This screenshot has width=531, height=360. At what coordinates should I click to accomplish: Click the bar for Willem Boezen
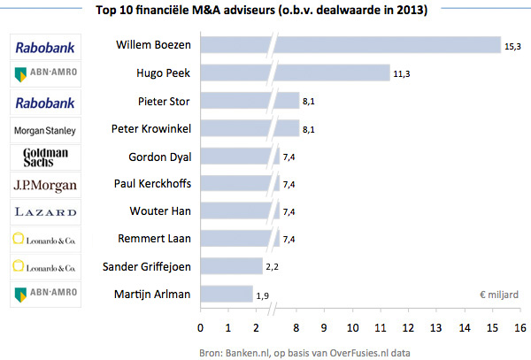pos(354,45)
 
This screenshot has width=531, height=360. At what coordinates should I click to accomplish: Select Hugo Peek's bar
pos(296,73)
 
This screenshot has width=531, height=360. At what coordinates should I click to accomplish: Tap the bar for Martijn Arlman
pos(227,294)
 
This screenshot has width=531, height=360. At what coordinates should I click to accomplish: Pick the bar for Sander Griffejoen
pos(232,266)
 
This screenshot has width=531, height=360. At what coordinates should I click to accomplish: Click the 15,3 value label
pos(513,45)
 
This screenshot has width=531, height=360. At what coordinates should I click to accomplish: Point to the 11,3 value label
pos(403,73)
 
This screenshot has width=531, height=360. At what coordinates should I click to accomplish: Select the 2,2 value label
pos(273,266)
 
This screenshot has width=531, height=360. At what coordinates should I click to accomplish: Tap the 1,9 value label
pos(263,294)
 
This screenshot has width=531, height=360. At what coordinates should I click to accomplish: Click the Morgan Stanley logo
pos(45,130)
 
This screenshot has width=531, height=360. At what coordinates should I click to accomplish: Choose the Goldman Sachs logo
pos(45,157)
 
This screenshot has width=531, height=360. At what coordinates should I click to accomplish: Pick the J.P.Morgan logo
pos(45,185)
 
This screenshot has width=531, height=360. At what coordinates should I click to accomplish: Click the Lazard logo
pos(45,212)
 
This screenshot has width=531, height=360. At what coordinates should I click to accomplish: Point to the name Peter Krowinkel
pos(152,128)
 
